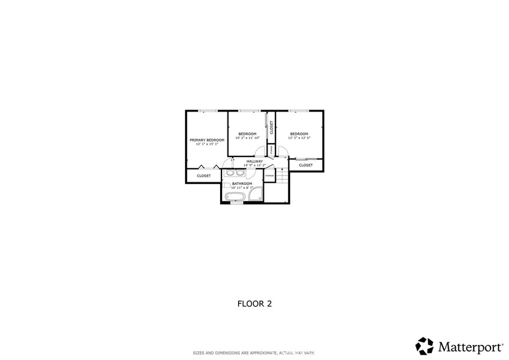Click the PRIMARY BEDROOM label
[207, 140]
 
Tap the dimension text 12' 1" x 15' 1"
[207, 144]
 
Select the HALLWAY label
[254, 161]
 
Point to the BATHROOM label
[242, 183]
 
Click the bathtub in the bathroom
[235, 197]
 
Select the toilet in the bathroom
[227, 185]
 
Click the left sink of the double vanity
[230, 173]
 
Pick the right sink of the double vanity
[240, 173]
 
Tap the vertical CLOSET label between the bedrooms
[271, 127]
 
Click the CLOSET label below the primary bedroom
[204, 176]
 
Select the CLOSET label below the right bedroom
[306, 165]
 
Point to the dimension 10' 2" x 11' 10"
[247, 138]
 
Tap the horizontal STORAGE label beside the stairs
[269, 176]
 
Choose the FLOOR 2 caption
[254, 303]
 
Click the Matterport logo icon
[424, 346]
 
